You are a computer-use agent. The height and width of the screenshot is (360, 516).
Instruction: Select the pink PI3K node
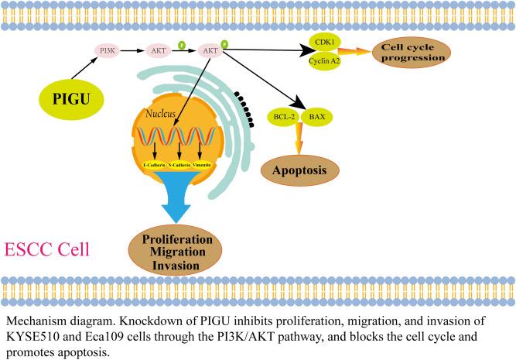click(x=108, y=51)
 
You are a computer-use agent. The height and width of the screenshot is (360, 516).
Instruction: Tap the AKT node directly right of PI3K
click(x=159, y=51)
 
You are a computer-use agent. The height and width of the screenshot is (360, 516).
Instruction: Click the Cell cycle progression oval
click(x=412, y=52)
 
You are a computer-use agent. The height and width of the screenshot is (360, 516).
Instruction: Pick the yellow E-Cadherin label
click(x=157, y=166)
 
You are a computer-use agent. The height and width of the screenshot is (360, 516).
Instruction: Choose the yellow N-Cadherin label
click(x=180, y=166)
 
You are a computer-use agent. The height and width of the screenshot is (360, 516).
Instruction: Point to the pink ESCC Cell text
click(x=47, y=250)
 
